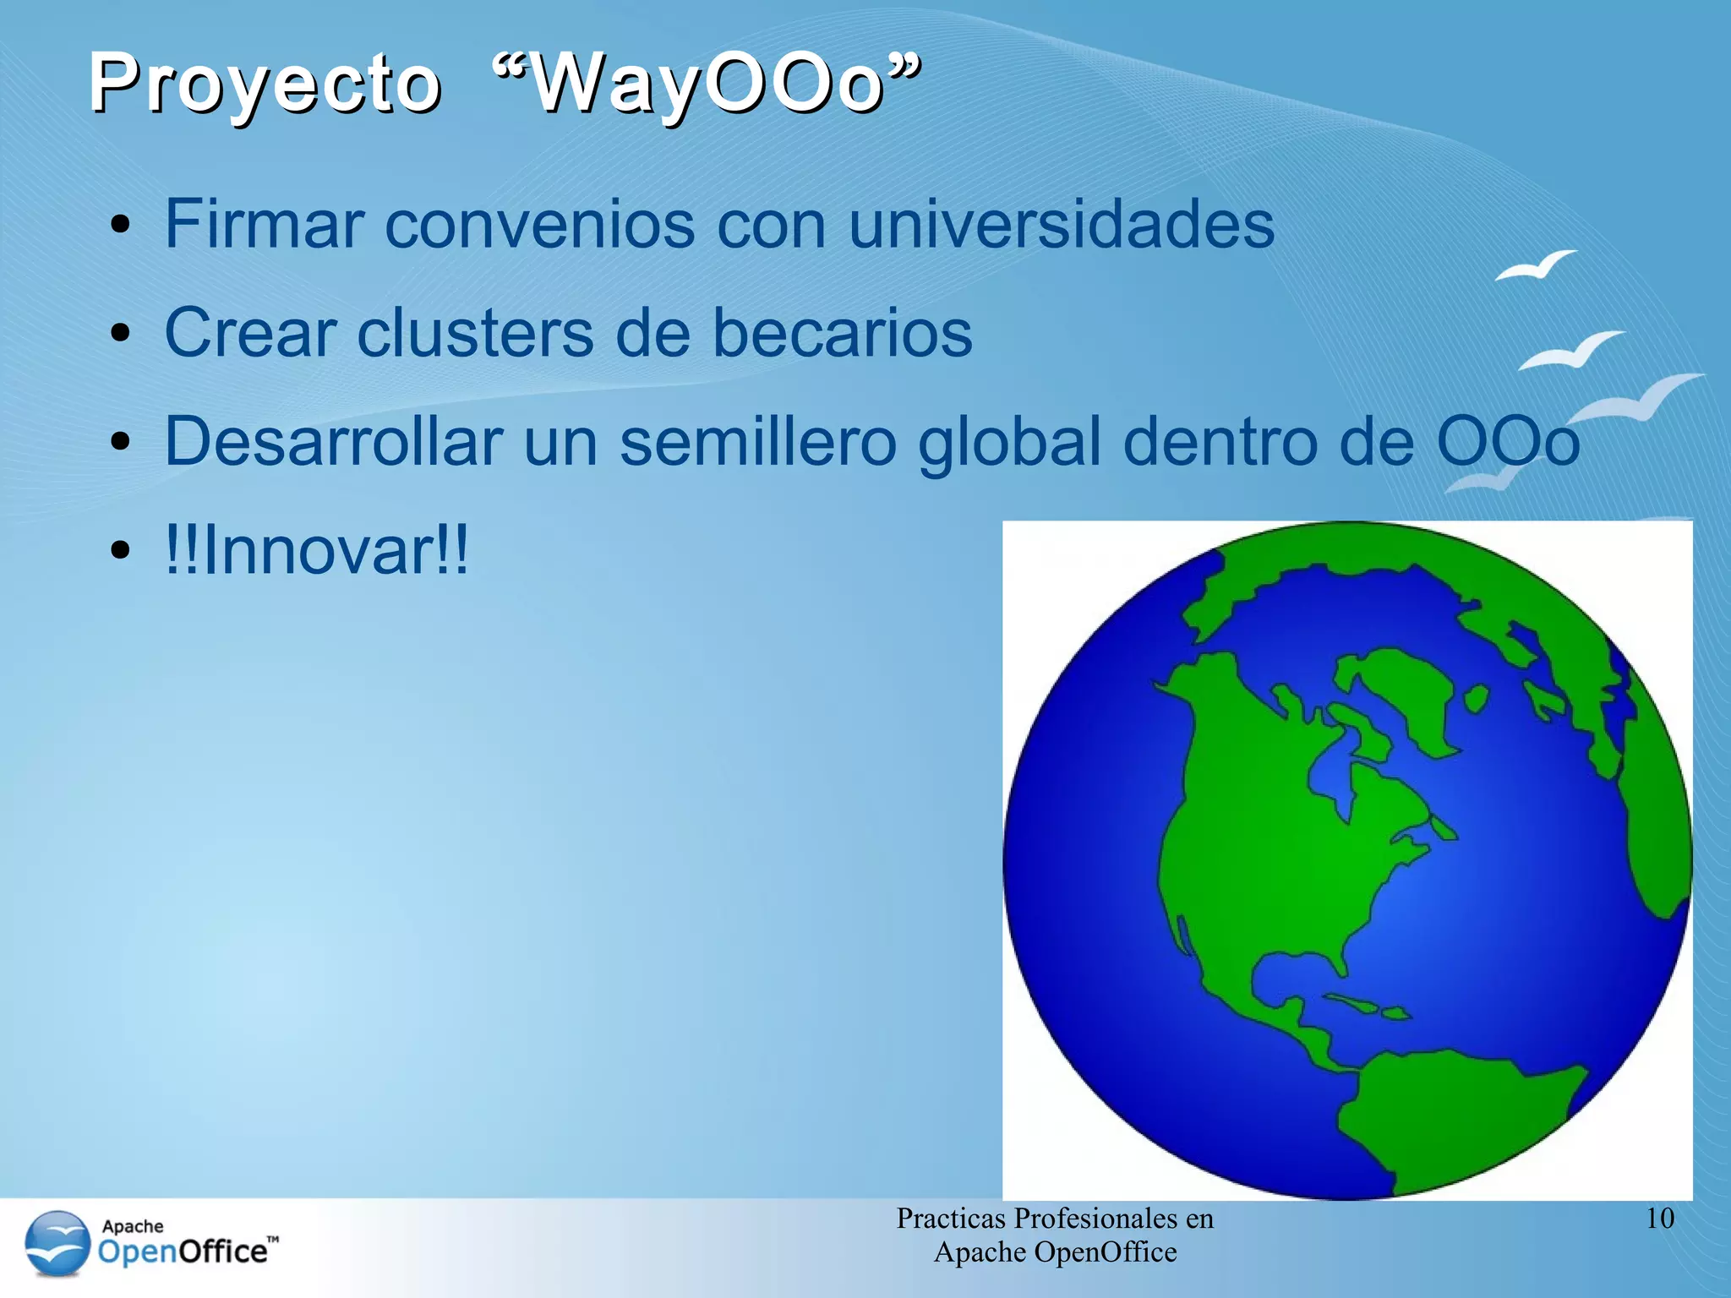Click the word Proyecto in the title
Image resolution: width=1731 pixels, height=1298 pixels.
[265, 85]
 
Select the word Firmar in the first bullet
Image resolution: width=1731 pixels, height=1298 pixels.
[263, 224]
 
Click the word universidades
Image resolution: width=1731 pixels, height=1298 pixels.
[1061, 224]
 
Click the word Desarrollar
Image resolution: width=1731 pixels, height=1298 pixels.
[333, 441]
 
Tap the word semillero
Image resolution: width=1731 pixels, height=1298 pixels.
[757, 441]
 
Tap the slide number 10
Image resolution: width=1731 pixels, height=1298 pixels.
[1660, 1219]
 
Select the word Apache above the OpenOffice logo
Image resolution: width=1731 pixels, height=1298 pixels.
[133, 1226]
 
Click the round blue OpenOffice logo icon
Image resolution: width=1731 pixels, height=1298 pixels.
[57, 1243]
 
